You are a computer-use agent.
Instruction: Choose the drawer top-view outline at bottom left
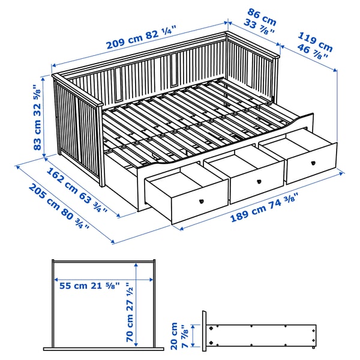[104, 306]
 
